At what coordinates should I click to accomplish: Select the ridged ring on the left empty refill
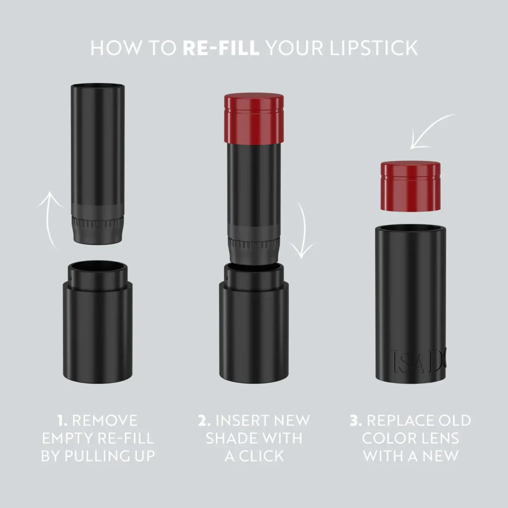(97, 222)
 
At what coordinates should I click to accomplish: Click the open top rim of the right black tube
(410, 229)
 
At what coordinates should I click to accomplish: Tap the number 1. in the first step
(62, 421)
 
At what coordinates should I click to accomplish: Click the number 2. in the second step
(204, 421)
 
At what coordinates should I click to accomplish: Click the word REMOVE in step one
(105, 421)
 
